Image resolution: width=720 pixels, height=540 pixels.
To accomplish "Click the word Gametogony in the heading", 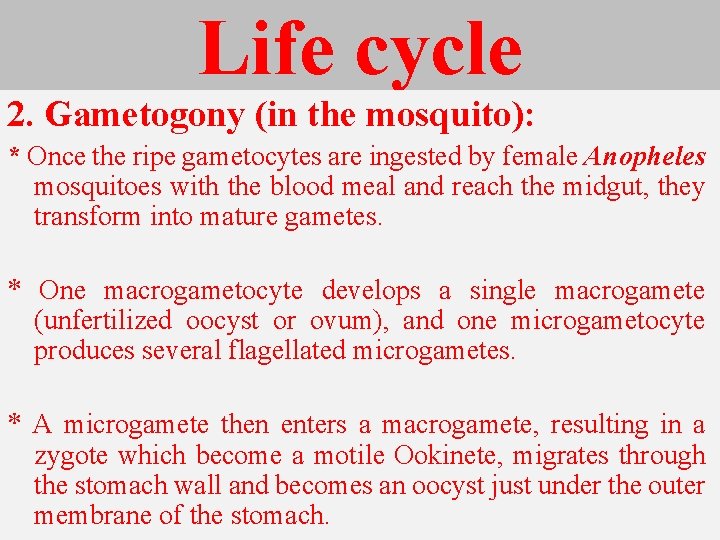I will pyautogui.click(x=145, y=116).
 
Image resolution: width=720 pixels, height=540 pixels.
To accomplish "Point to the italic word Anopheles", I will pyautogui.click(x=645, y=157).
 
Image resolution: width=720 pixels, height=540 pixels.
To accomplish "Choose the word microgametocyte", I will pyautogui.click(x=607, y=321).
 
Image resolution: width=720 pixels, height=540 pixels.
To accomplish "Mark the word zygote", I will pyautogui.click(x=69, y=456).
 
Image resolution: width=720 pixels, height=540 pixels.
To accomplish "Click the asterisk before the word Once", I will pyautogui.click(x=14, y=157).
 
